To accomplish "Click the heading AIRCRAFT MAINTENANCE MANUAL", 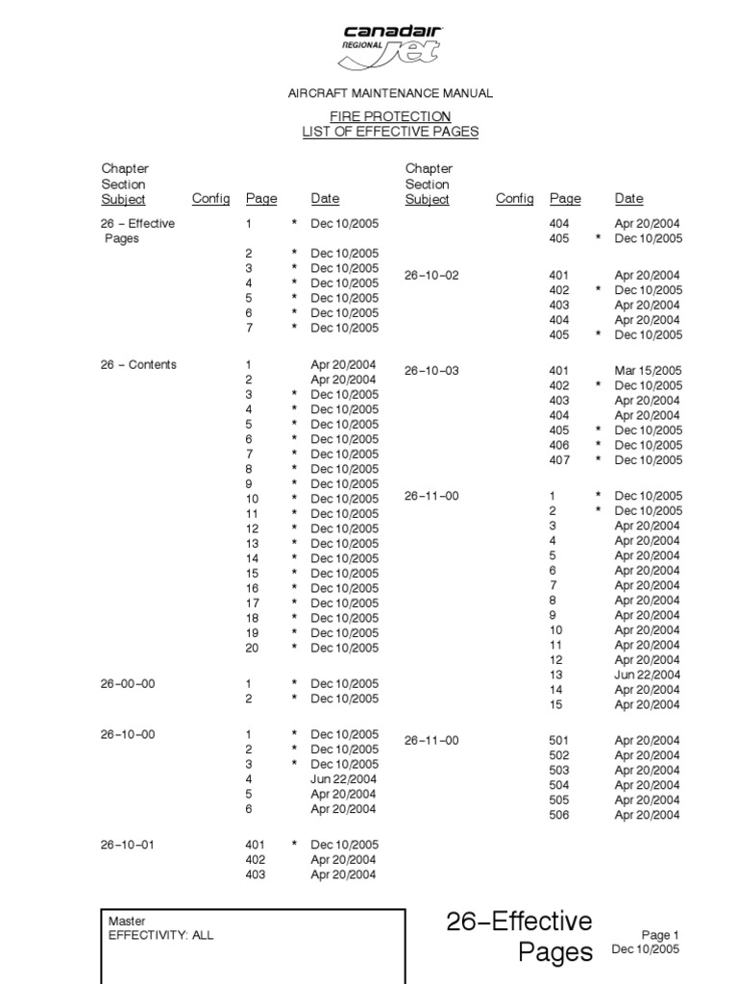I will coord(390,93).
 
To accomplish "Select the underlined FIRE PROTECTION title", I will coord(390,116).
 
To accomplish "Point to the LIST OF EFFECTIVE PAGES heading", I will coord(390,132).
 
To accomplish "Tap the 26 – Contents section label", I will coord(139,365).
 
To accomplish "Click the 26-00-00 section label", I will coord(128,684).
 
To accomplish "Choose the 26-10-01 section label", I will coord(128,845).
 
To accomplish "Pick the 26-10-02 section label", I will coord(431,275).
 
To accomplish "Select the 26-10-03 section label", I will coord(431,370).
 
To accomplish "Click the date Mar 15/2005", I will coord(648,370).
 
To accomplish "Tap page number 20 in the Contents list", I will coord(252,648).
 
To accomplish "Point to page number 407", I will coord(558,460).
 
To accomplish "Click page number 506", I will coord(558,815).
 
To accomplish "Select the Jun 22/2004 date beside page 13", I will coord(648,675).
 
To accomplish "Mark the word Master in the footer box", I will coord(127,921).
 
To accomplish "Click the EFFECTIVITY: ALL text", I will coord(161,935).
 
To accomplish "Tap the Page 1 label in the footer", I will coord(660,935).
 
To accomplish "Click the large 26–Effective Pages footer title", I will coord(520,937).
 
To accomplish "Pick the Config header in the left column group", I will coord(210,199).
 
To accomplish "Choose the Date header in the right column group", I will coord(628,199).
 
